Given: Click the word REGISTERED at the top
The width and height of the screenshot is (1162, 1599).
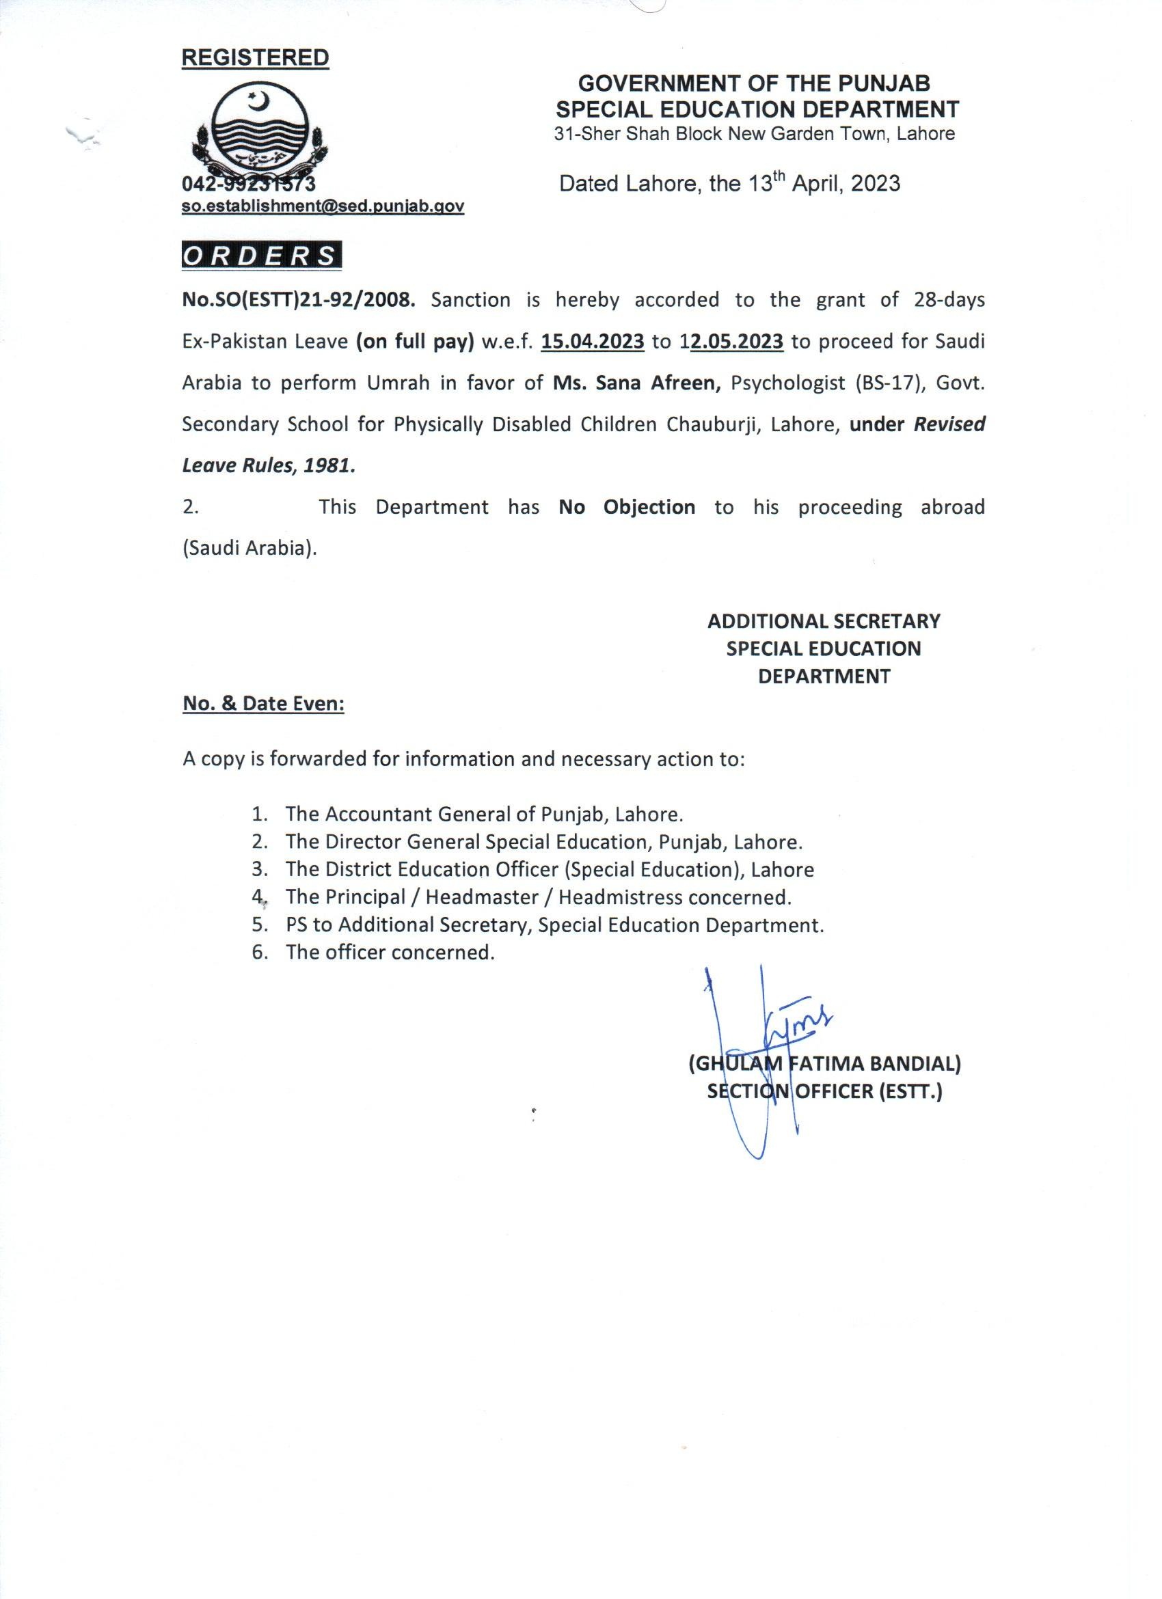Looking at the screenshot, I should click(x=255, y=58).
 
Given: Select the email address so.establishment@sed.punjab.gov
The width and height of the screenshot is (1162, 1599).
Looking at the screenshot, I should click(x=323, y=206).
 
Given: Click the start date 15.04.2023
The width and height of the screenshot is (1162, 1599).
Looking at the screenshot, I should click(x=593, y=342).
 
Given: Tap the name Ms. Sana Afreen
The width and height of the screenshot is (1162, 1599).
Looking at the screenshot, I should click(x=638, y=383).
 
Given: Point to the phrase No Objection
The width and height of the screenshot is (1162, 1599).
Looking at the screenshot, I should click(x=627, y=508).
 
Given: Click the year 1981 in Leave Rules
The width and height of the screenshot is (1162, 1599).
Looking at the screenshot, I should click(x=329, y=466).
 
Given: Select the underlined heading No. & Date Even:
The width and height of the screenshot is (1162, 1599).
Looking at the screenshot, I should click(x=263, y=704).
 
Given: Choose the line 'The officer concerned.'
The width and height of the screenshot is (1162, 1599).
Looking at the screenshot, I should click(x=390, y=953).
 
